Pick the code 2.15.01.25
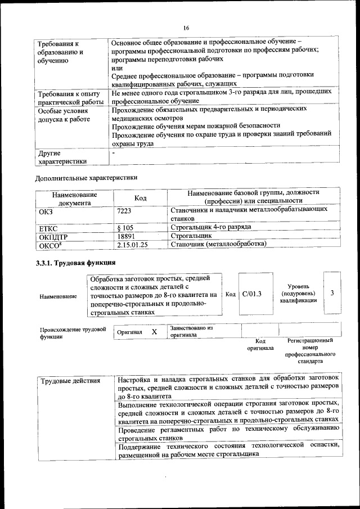(x=133, y=244)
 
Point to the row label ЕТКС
(x=49, y=227)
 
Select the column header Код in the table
(x=141, y=198)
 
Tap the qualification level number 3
(x=332, y=294)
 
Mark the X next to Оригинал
(x=154, y=332)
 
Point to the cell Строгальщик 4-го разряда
(x=210, y=227)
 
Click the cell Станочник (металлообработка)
(x=218, y=244)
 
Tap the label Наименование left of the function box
(x=58, y=296)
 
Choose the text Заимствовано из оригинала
(x=191, y=331)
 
